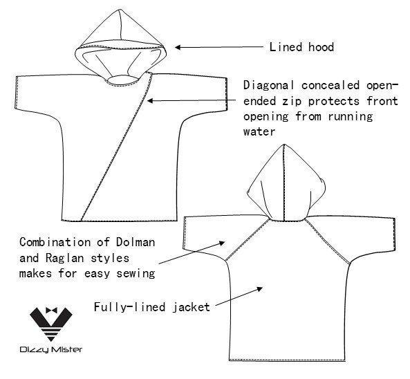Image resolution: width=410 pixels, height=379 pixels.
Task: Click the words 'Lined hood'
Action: click(301, 47)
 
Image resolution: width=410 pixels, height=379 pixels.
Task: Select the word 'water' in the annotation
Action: click(259, 131)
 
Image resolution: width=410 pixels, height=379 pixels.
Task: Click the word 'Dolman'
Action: click(136, 242)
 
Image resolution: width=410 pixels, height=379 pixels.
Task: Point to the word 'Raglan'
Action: click(64, 258)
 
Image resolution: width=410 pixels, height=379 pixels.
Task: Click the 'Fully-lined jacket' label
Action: click(152, 307)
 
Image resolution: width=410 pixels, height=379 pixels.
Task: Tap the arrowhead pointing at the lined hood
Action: click(178, 47)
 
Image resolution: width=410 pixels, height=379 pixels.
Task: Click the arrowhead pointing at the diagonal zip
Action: click(150, 101)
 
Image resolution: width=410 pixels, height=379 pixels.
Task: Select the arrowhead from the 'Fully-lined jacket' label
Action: click(259, 288)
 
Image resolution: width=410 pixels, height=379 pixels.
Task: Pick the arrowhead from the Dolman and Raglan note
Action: click(222, 243)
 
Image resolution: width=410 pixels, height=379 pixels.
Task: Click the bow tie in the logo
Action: click(51, 311)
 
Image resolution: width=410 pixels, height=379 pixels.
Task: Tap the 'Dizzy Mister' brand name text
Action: click(51, 350)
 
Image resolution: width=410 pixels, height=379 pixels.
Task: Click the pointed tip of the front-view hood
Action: click(120, 10)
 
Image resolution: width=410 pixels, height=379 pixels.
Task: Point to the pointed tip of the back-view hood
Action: click(284, 144)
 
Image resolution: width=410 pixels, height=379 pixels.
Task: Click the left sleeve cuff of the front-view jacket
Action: click(16, 92)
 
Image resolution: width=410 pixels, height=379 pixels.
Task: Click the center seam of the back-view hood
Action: click(284, 183)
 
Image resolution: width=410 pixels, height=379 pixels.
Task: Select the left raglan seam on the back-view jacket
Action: click(247, 240)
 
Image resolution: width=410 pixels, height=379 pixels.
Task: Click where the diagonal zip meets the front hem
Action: click(82, 221)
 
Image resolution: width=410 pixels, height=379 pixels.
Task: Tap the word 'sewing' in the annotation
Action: click(136, 274)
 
